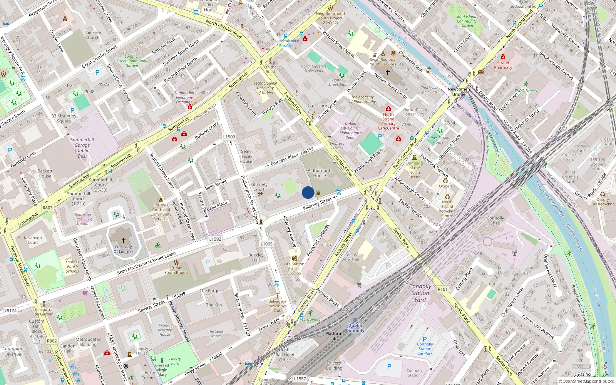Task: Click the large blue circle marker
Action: point(308,192)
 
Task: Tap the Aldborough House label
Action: point(319,173)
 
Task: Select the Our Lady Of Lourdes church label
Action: point(124,249)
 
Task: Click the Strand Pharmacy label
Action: point(503,65)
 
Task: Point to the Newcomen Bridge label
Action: point(459,92)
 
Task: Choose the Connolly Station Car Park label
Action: point(425,349)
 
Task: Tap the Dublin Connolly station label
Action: point(355,328)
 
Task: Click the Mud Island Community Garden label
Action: point(467,21)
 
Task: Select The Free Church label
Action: point(92,35)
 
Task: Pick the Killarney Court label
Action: point(259,187)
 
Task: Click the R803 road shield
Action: point(48,208)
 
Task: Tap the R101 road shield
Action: point(443,289)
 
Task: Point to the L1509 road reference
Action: point(229,137)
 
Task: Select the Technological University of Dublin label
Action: point(265,88)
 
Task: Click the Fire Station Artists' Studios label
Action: point(294,269)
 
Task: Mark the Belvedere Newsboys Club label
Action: point(277,306)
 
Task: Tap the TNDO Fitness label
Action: point(526,91)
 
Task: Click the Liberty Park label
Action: point(175,361)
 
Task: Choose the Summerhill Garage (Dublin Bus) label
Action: point(82,148)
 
